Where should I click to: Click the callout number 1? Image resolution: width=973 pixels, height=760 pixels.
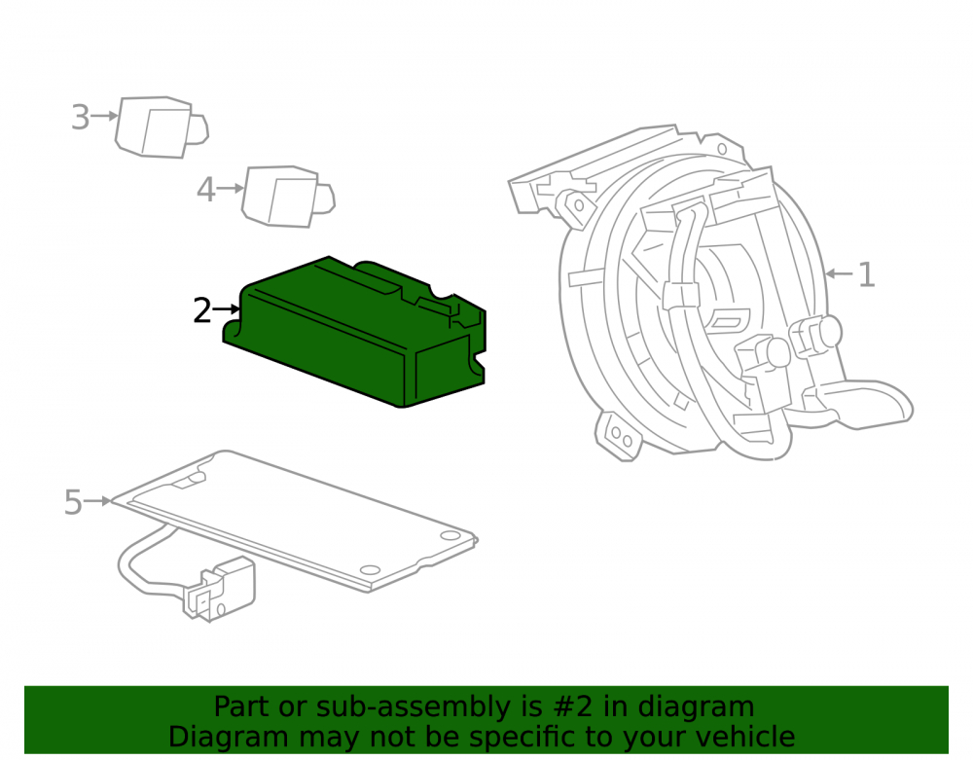[866, 274]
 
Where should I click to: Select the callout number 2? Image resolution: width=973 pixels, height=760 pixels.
[202, 310]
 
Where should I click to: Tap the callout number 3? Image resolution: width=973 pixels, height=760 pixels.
[80, 117]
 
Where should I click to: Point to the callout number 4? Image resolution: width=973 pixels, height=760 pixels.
[206, 189]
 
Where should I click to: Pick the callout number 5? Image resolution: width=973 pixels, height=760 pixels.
[73, 502]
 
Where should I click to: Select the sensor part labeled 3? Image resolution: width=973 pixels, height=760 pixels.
[162, 127]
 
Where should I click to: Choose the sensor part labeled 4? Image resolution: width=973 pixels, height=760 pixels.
[288, 196]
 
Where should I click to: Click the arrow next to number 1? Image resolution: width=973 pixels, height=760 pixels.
[839, 273]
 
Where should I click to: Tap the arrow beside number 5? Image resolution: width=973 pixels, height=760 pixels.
[98, 501]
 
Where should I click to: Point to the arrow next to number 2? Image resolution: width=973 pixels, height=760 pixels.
[227, 308]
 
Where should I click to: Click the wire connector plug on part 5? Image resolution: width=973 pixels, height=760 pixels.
[219, 590]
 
